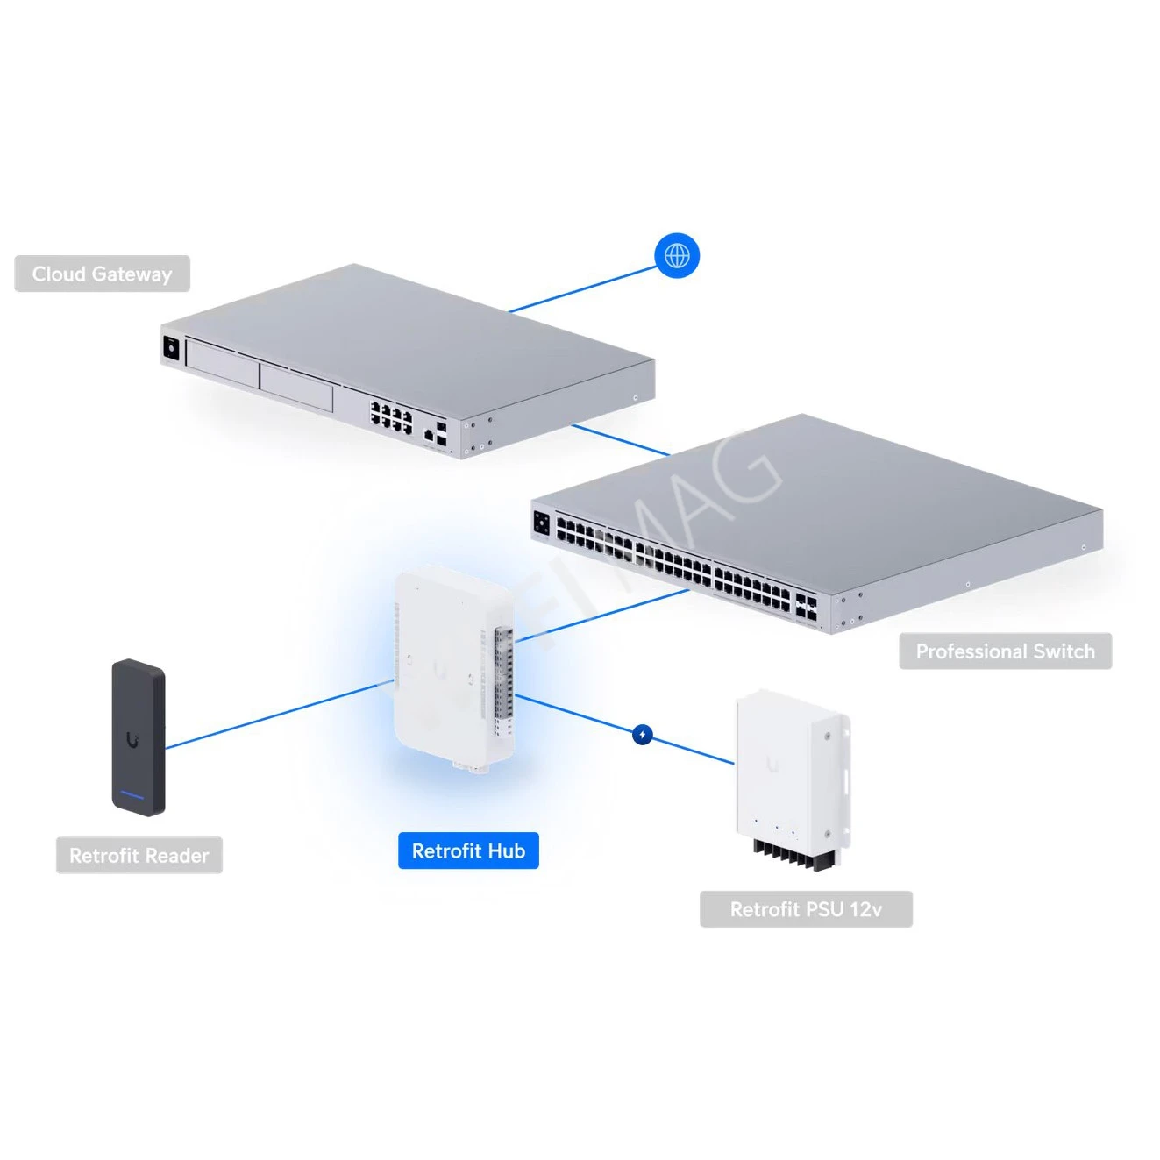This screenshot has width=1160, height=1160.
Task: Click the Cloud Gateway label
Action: (x=102, y=274)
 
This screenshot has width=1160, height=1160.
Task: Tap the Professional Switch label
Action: (x=1005, y=651)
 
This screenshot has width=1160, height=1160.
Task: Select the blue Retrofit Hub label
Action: (x=468, y=850)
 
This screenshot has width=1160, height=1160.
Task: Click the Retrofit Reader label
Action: (x=139, y=856)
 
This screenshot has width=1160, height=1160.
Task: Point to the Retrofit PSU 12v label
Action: (x=806, y=909)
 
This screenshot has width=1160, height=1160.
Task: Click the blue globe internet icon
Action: (x=677, y=256)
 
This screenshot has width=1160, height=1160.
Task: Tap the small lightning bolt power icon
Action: (x=643, y=735)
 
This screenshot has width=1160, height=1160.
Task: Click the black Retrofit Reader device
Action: (x=139, y=737)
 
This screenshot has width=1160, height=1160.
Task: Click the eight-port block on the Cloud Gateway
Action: (x=391, y=417)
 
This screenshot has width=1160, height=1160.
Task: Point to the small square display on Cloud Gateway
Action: (x=171, y=348)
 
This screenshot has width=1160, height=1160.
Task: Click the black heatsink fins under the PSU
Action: (x=794, y=854)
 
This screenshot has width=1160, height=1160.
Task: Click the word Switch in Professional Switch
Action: (x=1064, y=651)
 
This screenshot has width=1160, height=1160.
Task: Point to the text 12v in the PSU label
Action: (x=865, y=909)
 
